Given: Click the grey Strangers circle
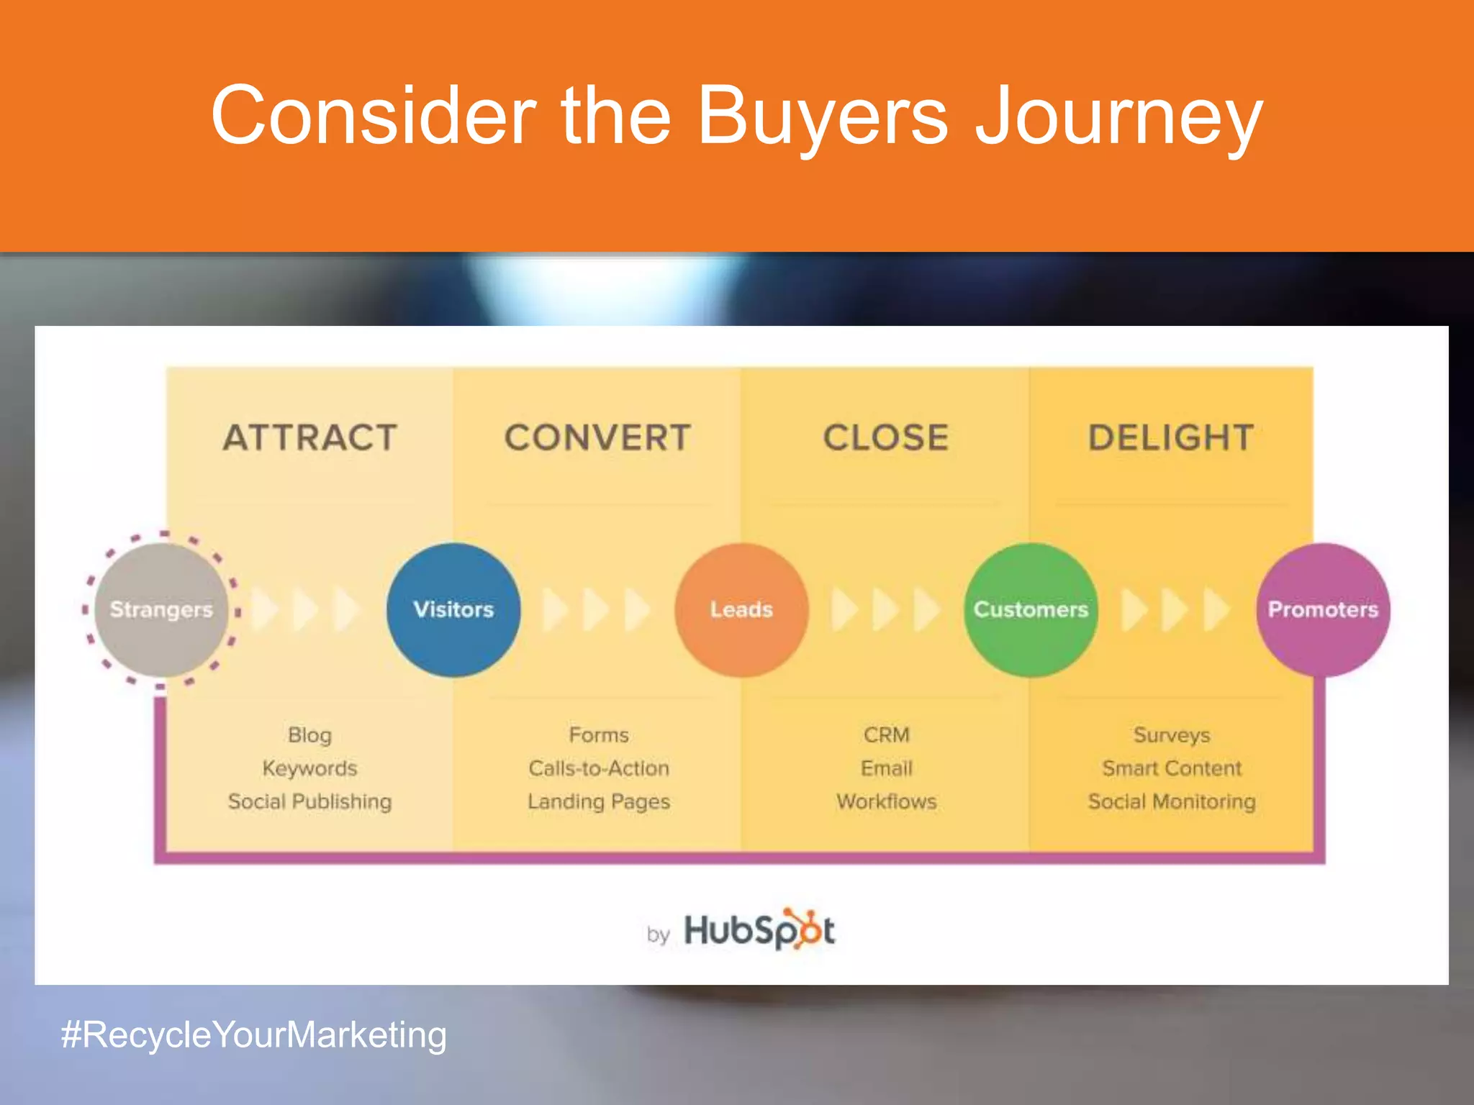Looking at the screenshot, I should coord(161,609).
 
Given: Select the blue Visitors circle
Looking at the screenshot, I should coord(453,609).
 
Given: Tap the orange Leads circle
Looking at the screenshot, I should coord(741,609).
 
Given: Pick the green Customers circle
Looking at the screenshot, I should coord(1031,609).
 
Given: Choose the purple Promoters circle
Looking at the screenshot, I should coord(1323,609).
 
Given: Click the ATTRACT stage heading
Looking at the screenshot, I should coord(310,437).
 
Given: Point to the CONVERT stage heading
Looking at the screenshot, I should coord(597,437).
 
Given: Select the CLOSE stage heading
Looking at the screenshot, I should coord(886,437).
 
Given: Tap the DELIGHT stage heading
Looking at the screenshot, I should coord(1171,437).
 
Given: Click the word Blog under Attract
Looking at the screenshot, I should coord(310,735).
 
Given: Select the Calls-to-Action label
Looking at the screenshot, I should coord(599,768).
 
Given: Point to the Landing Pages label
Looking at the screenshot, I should coord(599,801).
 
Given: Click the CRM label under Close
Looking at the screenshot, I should coord(887,735).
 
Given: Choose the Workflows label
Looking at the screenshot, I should coord(887,801).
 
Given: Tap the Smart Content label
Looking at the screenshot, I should coord(1172,768).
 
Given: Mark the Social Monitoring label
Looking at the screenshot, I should coord(1172,801).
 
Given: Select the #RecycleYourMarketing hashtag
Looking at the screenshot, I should coord(254,1034).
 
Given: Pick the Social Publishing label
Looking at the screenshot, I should coord(310,801).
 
